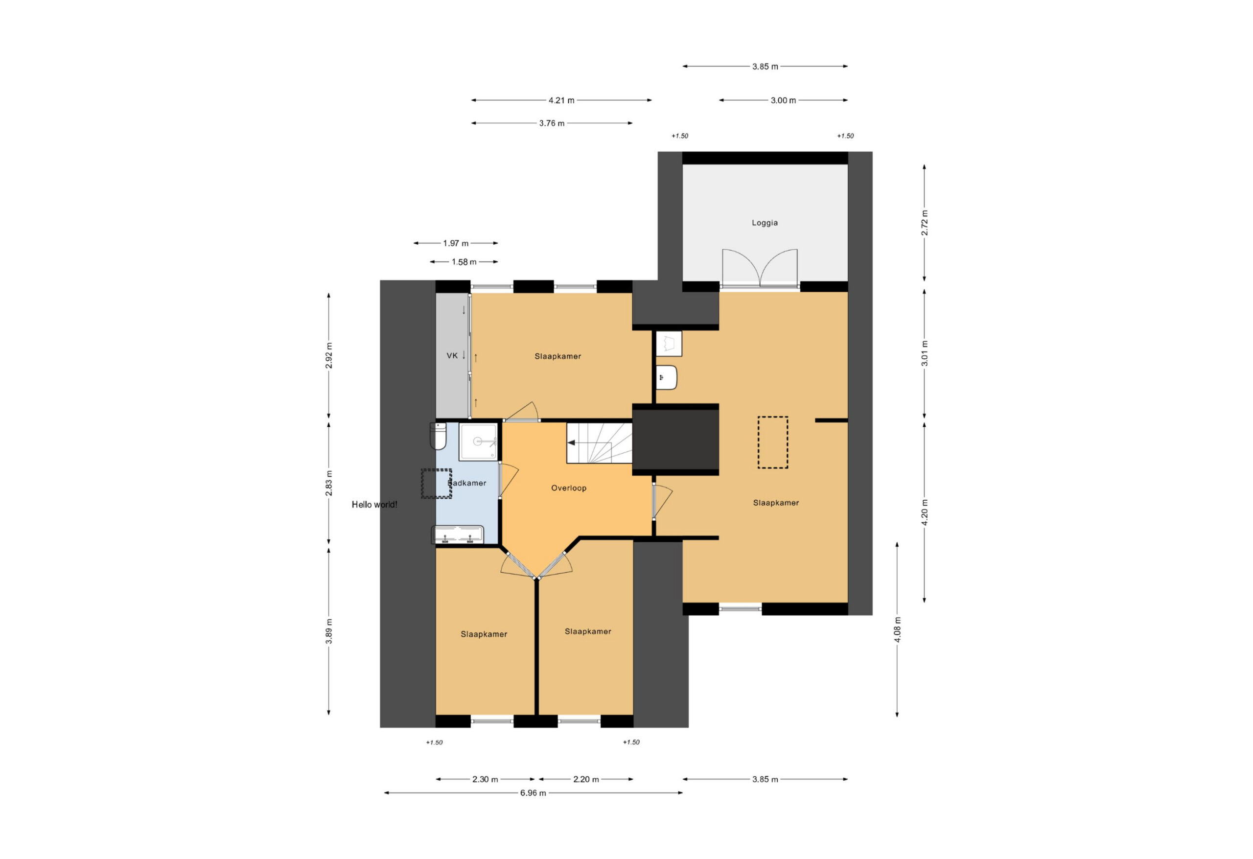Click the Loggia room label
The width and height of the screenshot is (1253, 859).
(765, 223)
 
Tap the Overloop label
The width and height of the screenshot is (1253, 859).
(568, 488)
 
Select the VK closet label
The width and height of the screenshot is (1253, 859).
(452, 356)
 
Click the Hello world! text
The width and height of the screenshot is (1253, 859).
(374, 505)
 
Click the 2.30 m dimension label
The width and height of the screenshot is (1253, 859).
(485, 779)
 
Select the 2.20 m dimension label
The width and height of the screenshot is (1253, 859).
(585, 779)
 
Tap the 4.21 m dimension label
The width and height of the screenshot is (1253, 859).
(561, 100)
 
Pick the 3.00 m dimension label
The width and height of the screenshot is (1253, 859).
(783, 100)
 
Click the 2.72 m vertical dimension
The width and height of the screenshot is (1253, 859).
(924, 223)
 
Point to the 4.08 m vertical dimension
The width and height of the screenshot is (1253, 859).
(897, 630)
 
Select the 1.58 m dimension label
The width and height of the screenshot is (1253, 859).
(464, 262)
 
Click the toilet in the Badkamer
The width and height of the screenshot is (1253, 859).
(439, 436)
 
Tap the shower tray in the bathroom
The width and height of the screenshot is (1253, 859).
(478, 441)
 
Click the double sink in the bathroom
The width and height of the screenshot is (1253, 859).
(457, 535)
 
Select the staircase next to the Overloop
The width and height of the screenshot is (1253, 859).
(599, 442)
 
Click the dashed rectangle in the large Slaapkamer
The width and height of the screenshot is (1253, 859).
(773, 442)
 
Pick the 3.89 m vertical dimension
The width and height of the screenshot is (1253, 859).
(329, 631)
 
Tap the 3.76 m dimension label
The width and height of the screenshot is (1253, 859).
(552, 123)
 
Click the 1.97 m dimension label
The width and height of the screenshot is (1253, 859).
(456, 243)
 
